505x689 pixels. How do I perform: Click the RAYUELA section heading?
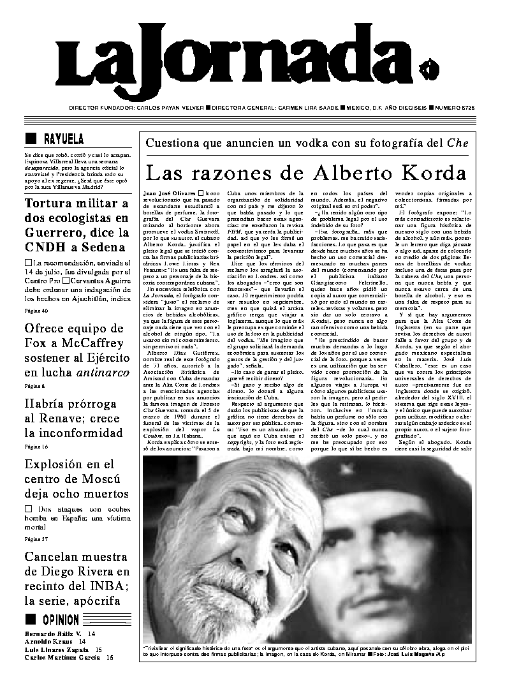(63, 140)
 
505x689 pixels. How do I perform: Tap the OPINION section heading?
(61, 619)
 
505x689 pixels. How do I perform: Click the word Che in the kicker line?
(457, 143)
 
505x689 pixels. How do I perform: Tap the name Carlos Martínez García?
(61, 657)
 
